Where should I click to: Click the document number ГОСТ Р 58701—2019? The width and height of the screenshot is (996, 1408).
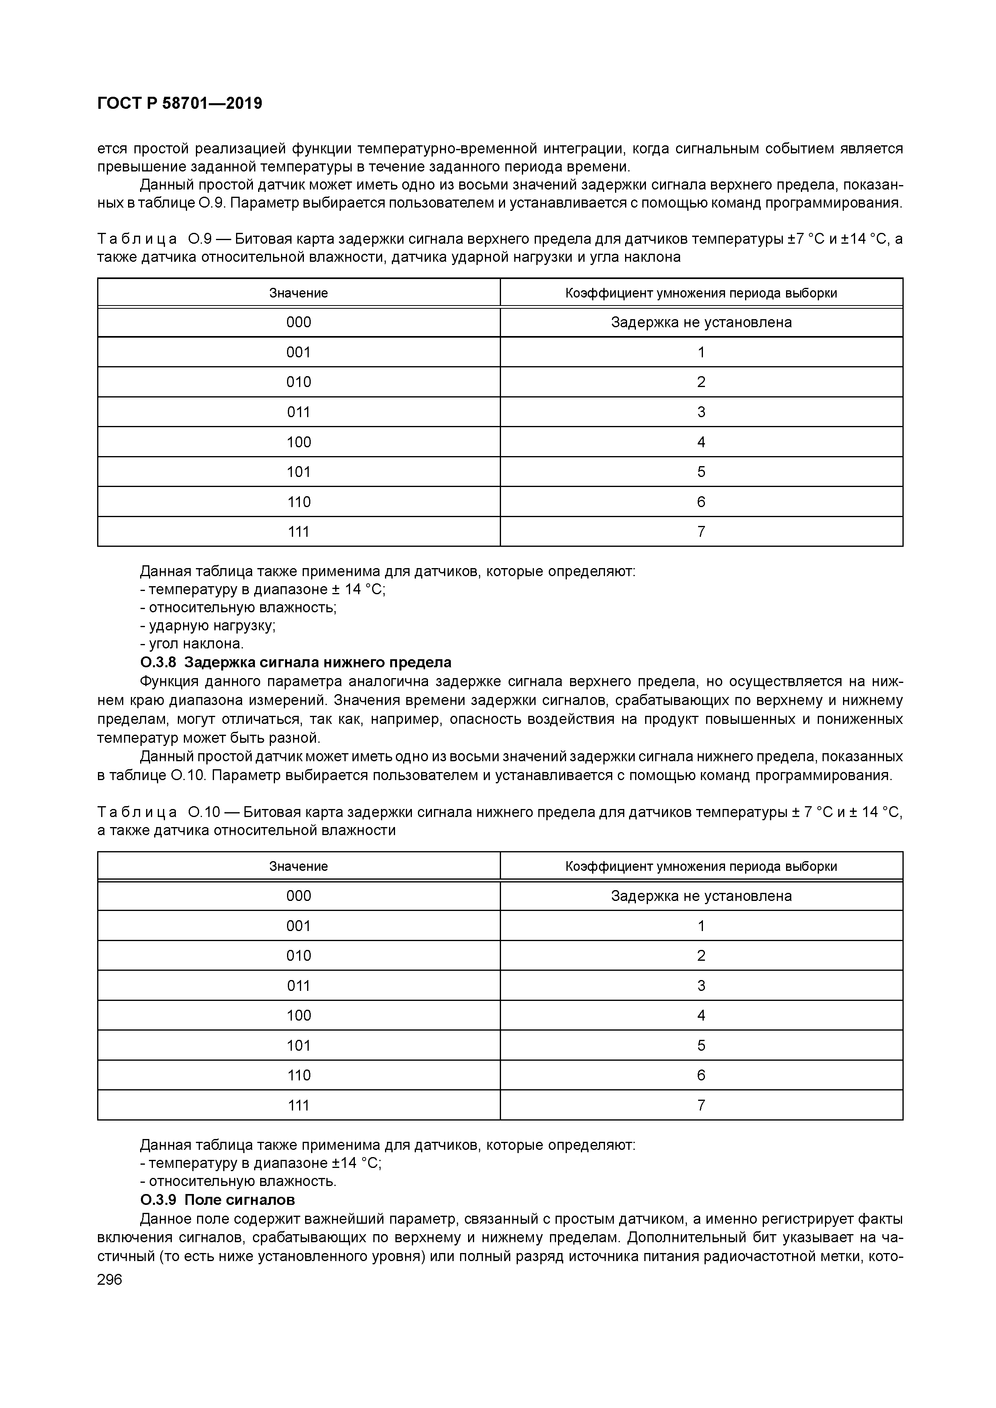(x=180, y=104)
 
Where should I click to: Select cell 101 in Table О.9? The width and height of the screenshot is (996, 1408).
(x=299, y=472)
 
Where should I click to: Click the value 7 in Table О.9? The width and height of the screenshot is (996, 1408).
(x=701, y=532)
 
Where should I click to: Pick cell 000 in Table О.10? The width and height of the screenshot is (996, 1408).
(x=299, y=896)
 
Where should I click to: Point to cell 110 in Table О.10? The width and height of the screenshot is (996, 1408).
(x=299, y=1075)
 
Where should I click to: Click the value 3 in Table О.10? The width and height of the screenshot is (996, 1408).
(x=701, y=986)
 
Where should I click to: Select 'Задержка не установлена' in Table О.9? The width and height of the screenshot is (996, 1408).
(x=701, y=322)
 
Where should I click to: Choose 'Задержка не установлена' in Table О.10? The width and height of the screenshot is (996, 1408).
(x=701, y=896)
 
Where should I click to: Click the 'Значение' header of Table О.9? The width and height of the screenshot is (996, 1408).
(x=299, y=293)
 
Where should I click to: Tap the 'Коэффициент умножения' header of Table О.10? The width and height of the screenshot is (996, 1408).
(x=701, y=866)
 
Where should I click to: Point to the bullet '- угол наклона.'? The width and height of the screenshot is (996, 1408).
(x=192, y=644)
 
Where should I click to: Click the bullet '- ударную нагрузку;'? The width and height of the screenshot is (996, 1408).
(x=208, y=626)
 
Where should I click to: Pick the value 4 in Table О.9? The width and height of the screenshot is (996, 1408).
(x=701, y=442)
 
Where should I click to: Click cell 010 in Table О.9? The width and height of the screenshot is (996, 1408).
(x=299, y=382)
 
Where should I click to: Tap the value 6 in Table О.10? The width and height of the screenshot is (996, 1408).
(x=701, y=1075)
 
